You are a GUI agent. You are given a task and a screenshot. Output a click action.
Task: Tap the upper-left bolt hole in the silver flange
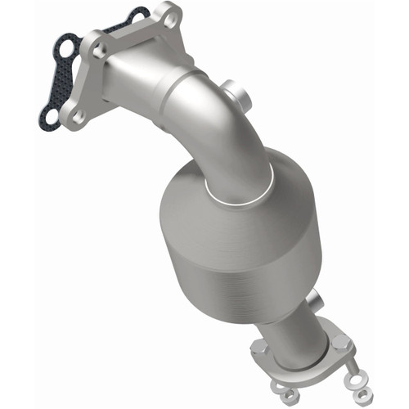pos(100,51)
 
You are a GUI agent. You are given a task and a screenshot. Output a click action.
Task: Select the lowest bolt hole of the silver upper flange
pos(78,117)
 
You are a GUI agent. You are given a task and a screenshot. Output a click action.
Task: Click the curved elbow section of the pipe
pos(213,123)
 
